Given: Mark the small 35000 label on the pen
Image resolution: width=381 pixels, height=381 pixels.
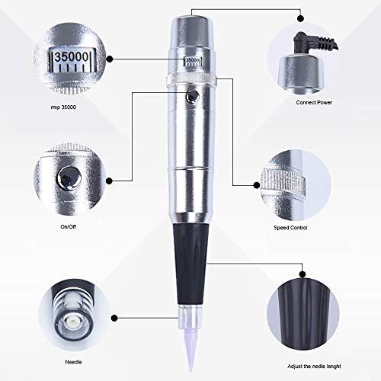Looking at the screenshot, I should (194, 59).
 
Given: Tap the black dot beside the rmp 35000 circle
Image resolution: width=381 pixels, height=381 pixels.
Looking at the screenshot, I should (110, 56).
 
